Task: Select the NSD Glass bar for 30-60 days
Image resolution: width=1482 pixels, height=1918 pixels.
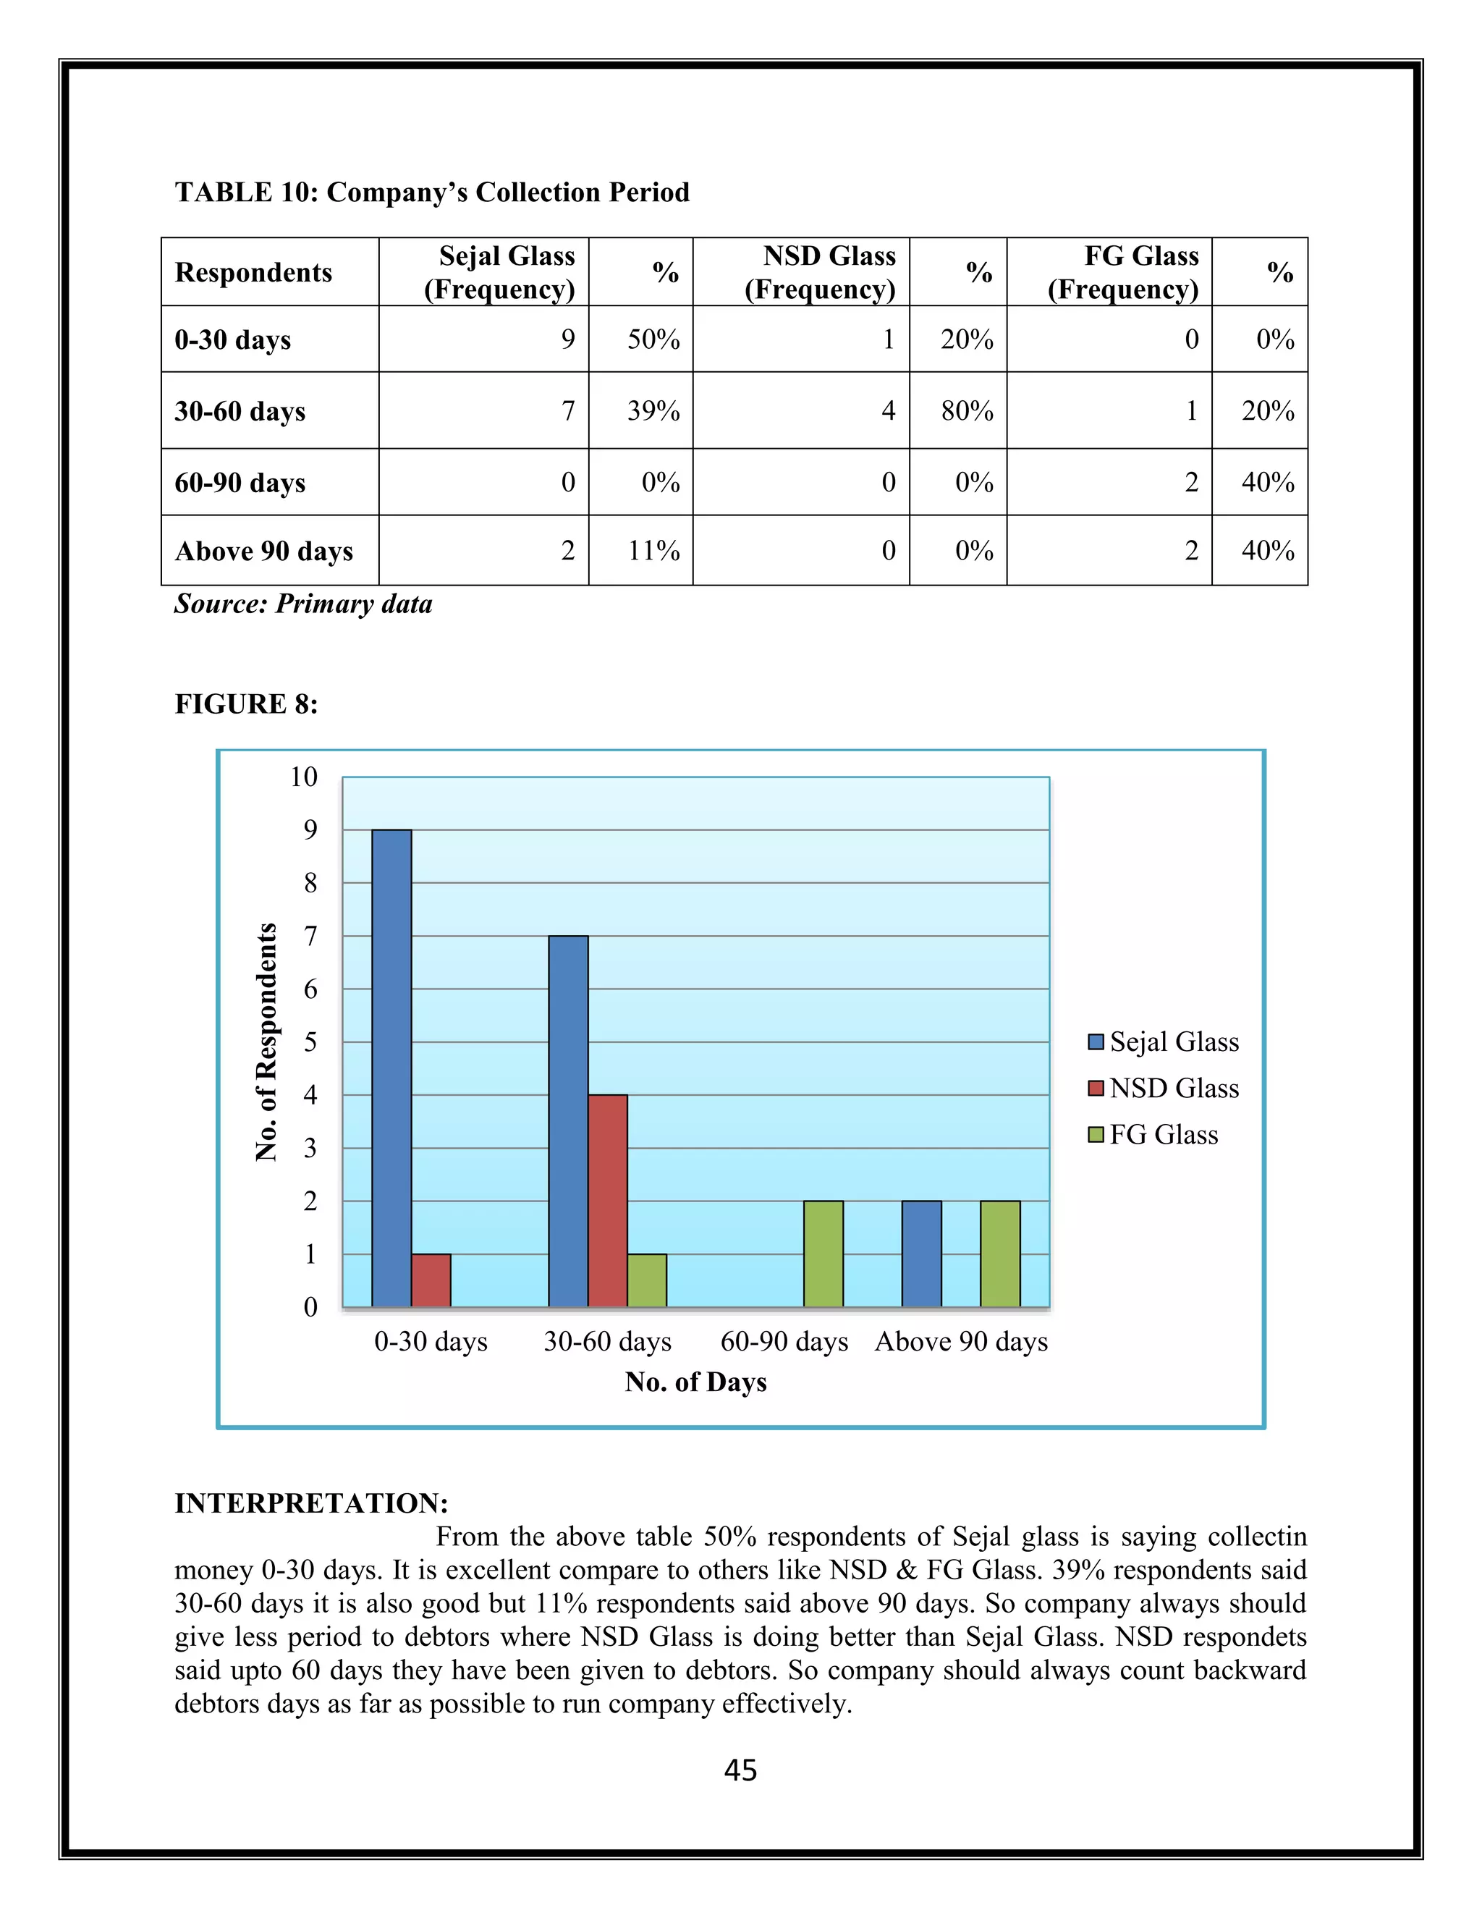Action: pos(608,1201)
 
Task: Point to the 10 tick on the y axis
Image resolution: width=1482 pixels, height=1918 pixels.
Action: pos(304,777)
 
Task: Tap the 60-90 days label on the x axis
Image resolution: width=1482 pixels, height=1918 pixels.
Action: pos(784,1342)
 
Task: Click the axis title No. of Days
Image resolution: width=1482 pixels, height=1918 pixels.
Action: pos(695,1382)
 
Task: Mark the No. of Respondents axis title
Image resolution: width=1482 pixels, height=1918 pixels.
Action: pos(266,1042)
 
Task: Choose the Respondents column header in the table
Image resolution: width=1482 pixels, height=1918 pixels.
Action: pos(254,272)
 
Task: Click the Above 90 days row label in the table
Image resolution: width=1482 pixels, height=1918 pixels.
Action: pos(263,551)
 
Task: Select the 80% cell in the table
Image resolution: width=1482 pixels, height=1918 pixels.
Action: pos(967,410)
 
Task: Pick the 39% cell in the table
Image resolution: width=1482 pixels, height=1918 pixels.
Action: pos(653,410)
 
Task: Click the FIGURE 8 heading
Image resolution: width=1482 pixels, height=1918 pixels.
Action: pos(246,704)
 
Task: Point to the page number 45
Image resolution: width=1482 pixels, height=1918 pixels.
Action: pos(740,1770)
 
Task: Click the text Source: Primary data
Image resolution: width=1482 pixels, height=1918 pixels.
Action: pos(303,604)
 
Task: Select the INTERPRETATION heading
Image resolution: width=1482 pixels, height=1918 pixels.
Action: pos(312,1503)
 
